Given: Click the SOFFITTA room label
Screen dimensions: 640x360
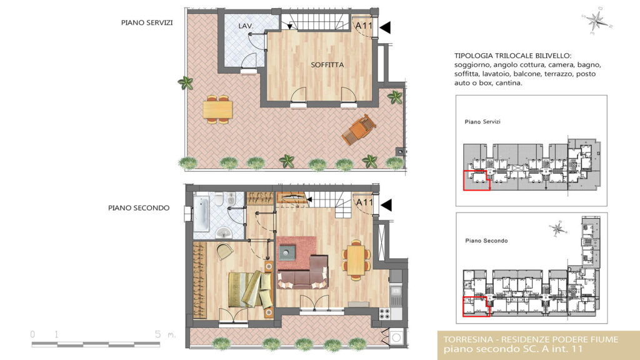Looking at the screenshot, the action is [327, 65].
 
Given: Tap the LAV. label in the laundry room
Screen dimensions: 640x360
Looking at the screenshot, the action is [246, 26].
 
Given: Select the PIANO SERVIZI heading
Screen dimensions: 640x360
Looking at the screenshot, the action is [146, 23].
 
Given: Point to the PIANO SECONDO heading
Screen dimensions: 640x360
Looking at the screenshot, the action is [139, 207].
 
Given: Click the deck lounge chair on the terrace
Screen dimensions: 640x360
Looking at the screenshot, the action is [359, 129].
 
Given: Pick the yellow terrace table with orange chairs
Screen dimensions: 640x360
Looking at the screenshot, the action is [218, 109].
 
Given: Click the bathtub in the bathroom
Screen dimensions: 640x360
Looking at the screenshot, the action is [202, 214].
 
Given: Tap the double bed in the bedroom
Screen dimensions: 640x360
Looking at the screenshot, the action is [250, 289].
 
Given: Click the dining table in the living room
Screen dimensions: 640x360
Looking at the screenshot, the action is [356, 260].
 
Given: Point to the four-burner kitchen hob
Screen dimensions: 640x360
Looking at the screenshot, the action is [384, 314].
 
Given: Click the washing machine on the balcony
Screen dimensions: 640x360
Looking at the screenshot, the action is [396, 337].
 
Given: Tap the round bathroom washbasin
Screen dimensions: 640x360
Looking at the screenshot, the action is [223, 233].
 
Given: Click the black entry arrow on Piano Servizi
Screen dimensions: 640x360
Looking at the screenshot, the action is [385, 27].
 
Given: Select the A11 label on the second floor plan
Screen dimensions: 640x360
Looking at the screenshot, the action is [364, 202].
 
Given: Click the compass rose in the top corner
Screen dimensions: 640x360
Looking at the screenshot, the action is [596, 20].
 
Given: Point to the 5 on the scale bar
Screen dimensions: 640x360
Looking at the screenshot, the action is [157, 334].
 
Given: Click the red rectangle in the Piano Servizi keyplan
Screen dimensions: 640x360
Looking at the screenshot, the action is [476, 181].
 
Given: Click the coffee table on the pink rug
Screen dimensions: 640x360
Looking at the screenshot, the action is [287, 252].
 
